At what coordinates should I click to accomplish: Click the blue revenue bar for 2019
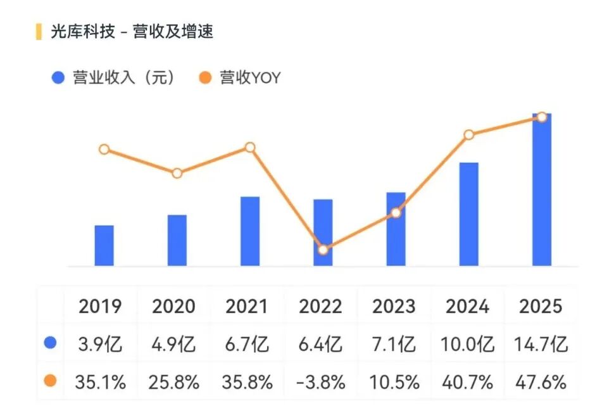[104, 246]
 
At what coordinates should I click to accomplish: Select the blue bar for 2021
[250, 231]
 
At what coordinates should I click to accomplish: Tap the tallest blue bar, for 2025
[541, 190]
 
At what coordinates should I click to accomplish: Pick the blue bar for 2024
[468, 214]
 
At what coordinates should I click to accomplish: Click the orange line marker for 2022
[323, 250]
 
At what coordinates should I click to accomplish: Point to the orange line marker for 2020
[177, 173]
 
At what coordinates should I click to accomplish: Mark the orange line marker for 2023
[396, 213]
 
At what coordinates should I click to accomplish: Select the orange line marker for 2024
[468, 135]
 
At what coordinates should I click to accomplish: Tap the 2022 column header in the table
[320, 307]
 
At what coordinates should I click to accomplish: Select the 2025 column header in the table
[540, 307]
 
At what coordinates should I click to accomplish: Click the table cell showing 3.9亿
[101, 345]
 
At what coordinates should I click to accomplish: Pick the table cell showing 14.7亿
[540, 345]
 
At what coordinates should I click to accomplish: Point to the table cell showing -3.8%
[320, 382]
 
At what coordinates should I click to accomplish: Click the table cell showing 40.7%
[468, 382]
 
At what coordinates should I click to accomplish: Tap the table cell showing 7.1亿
[394, 345]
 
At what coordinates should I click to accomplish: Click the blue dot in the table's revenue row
[51, 343]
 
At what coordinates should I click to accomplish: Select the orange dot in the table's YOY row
[51, 381]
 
